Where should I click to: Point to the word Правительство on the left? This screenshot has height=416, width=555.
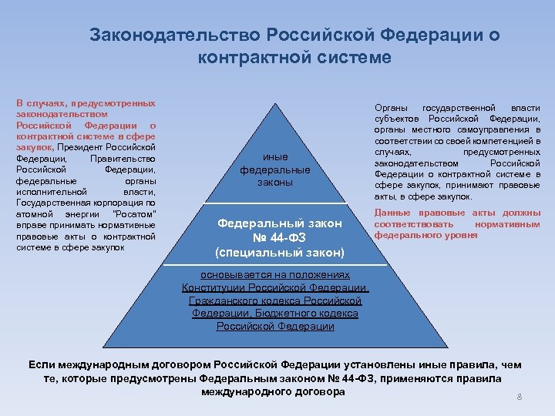pos(123,158)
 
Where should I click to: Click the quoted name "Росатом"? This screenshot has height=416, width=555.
pos(134,213)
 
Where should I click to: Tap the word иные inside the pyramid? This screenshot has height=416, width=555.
pos(274,156)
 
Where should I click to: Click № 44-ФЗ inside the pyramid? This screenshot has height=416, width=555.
pos(279,237)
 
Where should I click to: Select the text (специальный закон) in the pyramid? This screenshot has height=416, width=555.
pos(279,252)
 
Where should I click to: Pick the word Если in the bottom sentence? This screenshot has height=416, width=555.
pos(41,364)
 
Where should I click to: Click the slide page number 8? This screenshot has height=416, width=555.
pos(520,397)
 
